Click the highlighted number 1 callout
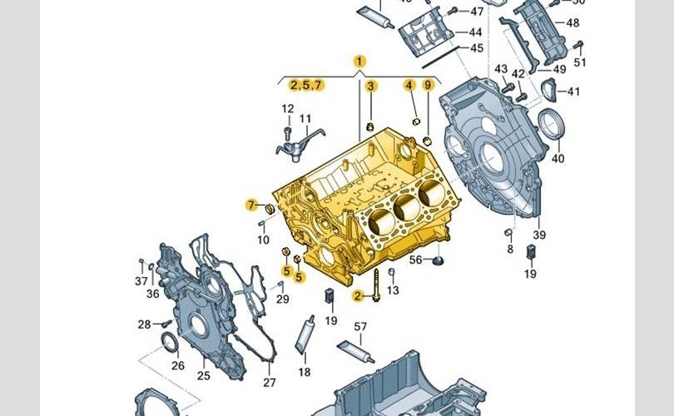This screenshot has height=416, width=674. tap(359, 61)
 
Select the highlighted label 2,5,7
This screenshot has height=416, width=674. tap(305, 85)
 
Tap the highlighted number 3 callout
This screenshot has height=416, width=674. tap(371, 86)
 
